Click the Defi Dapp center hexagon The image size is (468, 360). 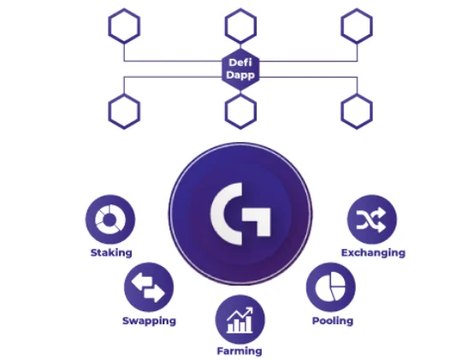tap(240, 69)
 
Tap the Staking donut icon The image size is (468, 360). tap(110, 219)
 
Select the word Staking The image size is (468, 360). tap(111, 252)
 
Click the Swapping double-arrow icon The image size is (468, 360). tap(149, 287)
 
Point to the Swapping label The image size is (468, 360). tap(149, 321)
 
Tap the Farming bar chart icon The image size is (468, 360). tap(240, 320)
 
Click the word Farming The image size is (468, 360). tap(240, 351)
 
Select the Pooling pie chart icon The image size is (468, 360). tap(331, 287)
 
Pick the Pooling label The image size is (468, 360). tap(333, 321)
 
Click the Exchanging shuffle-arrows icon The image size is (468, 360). tap(372, 219)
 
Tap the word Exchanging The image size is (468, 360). tap(373, 252)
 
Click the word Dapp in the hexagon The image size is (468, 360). tap(240, 75)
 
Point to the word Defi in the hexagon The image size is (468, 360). tap(240, 62)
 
